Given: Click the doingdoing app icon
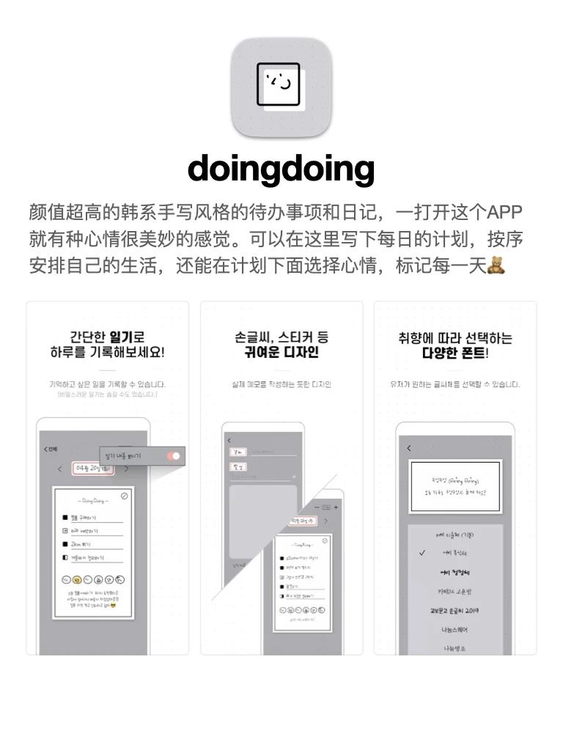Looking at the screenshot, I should coord(281,87).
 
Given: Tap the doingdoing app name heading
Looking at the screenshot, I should coord(281,169).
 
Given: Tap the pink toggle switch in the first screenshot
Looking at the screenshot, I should coord(174,456).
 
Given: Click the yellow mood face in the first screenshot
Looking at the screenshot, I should coord(76,579).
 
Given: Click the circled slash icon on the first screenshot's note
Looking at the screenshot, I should coord(125,496).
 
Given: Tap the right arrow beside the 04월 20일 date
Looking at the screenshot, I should coord(126,469).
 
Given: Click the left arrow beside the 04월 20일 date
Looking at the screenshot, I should coord(60,469).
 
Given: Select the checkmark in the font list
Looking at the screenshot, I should coord(422,554).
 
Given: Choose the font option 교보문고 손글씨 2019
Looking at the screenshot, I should coord(455,610).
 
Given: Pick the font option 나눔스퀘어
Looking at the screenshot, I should coord(455,629).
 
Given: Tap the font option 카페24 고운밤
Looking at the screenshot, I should coord(455,591).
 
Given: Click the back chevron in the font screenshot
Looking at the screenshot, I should coord(409,448).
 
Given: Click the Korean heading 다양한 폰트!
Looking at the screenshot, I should coord(455,353).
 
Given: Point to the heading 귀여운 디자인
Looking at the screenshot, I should coord(281,353).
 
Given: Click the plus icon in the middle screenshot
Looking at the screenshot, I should coord(336,507).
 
